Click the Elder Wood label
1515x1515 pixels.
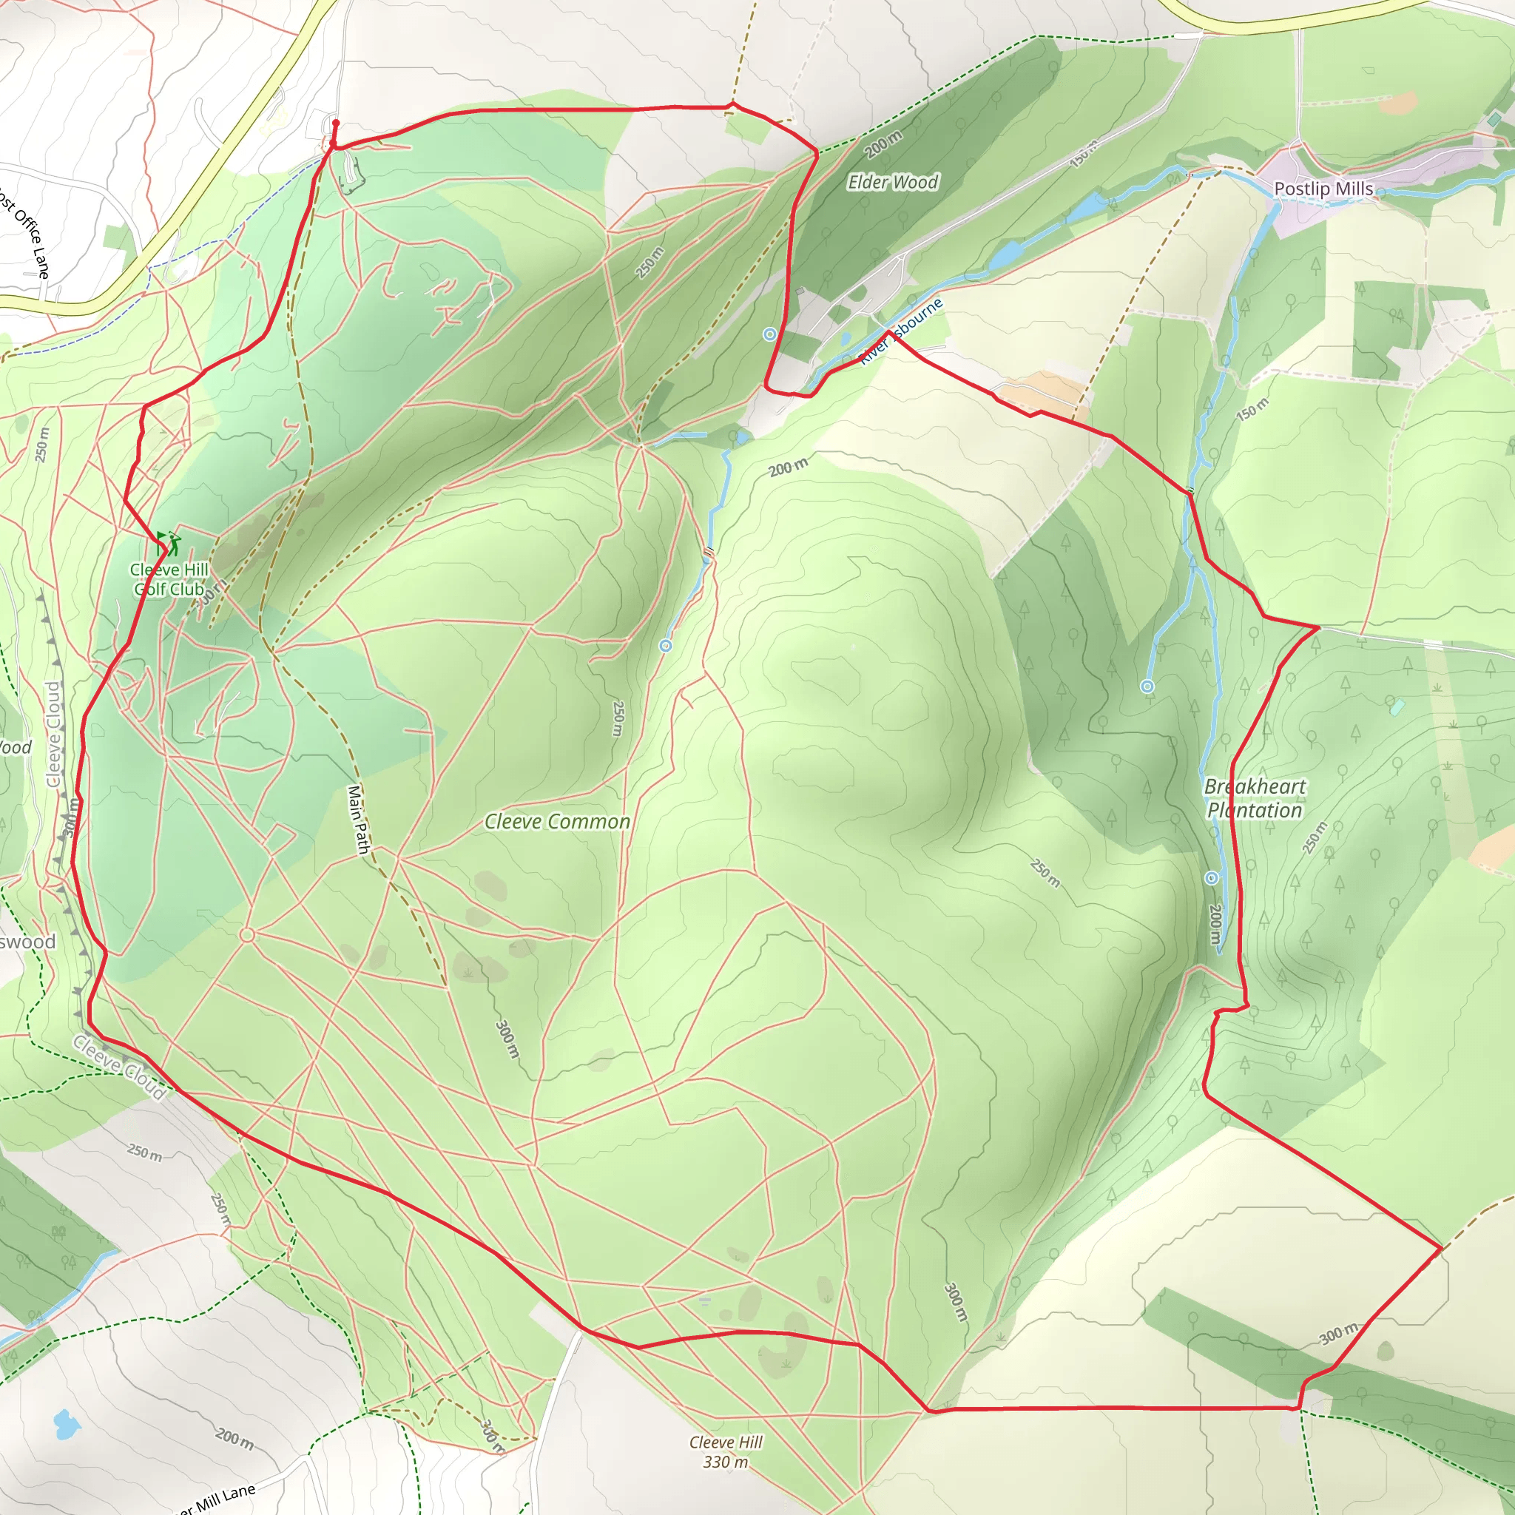pos(892,183)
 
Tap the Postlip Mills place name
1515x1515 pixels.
pos(1323,189)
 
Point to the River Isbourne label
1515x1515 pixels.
pos(902,332)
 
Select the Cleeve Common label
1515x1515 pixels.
pos(557,822)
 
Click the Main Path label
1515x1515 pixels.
pos(357,820)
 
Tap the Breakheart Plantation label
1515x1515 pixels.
pos(1255,798)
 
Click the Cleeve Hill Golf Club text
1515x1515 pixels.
pos(169,579)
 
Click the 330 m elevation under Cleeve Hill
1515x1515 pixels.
pos(726,1462)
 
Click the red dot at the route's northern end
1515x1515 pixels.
pos(336,123)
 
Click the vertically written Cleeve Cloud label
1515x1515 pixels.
pos(53,734)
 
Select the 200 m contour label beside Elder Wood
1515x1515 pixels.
pos(884,144)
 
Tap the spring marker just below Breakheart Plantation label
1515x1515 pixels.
pos(1212,877)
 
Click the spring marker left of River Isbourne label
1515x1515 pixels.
pos(770,335)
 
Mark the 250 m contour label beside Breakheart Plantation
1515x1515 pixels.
pos(1315,837)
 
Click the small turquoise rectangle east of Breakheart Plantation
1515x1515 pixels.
pos(1397,706)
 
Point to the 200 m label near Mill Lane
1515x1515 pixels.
pos(234,1439)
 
